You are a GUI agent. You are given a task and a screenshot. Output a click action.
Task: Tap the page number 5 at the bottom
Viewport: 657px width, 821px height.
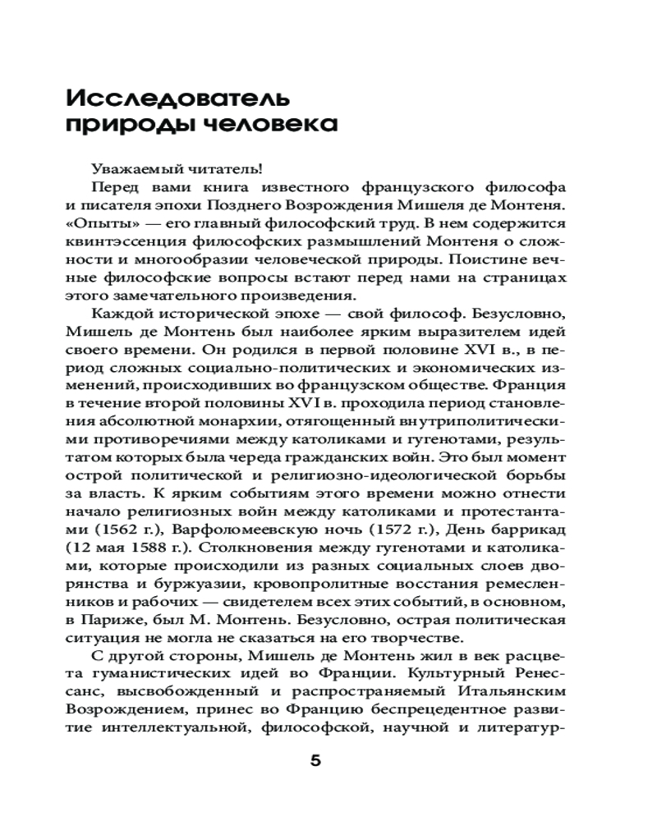[316, 759]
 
